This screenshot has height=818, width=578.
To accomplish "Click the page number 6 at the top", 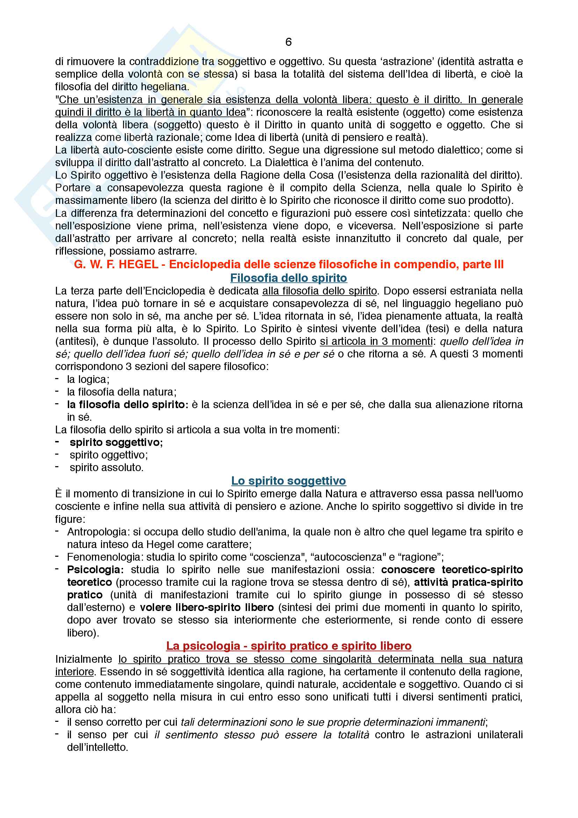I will pyautogui.click(x=288, y=42).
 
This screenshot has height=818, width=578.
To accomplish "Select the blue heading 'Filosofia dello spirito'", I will pyautogui.click(x=288, y=278).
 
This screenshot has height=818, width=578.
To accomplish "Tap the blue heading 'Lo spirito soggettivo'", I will pyautogui.click(x=288, y=481).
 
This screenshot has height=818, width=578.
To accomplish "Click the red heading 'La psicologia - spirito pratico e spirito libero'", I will pyautogui.click(x=288, y=646).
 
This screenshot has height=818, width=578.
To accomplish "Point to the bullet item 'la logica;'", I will pyautogui.click(x=88, y=379).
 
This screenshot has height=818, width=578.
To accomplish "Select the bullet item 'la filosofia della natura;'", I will pyautogui.click(x=121, y=392).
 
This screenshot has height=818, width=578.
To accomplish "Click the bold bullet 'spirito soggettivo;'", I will pyautogui.click(x=116, y=442).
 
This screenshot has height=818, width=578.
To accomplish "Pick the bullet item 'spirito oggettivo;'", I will pyautogui.click(x=109, y=455).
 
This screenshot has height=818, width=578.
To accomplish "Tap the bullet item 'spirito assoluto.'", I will pyautogui.click(x=107, y=468).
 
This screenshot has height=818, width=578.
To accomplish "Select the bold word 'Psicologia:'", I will pyautogui.click(x=95, y=569).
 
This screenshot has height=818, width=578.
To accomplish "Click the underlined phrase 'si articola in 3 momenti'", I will pyautogui.click(x=376, y=341).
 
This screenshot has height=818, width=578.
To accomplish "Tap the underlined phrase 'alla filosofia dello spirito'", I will pyautogui.click(x=319, y=291).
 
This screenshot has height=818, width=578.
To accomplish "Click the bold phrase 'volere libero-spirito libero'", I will pyautogui.click(x=207, y=607).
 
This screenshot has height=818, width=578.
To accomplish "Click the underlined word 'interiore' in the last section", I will pyautogui.click(x=74, y=671).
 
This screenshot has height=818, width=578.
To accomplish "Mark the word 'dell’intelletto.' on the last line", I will pyautogui.click(x=97, y=747).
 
